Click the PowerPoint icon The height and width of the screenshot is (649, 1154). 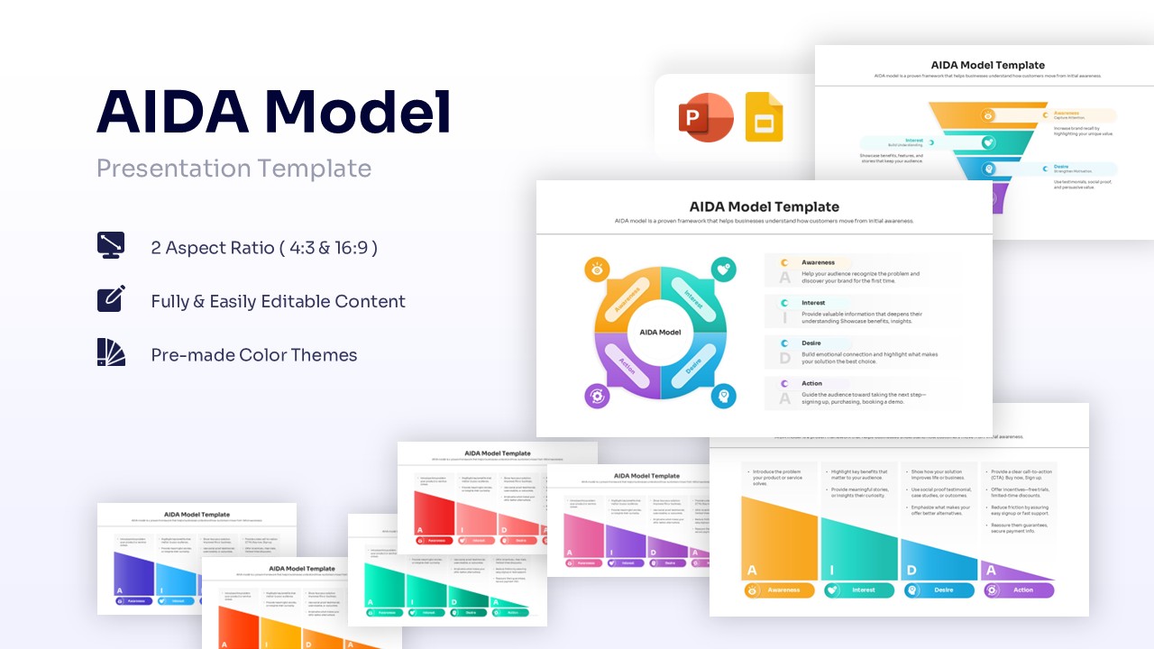coord(705,117)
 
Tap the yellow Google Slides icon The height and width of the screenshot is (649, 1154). coord(764,117)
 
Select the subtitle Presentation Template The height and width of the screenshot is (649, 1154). coord(234,169)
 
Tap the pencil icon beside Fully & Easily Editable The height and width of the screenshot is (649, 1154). coord(111,298)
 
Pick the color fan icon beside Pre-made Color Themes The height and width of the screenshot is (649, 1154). coord(111,352)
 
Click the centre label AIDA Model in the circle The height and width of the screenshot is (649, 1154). coord(660,333)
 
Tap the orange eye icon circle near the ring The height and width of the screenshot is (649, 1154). coord(596,269)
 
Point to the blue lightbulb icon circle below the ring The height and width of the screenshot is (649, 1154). coord(723,396)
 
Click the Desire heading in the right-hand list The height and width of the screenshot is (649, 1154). coord(811,343)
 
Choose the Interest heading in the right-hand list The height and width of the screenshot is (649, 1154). coord(813,303)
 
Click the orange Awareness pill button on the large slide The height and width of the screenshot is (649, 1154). coord(780,590)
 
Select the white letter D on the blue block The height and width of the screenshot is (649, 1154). coord(912,571)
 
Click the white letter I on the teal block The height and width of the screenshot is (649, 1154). coord(832,571)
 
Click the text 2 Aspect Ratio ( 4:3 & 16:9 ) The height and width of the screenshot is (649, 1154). coord(264,247)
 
